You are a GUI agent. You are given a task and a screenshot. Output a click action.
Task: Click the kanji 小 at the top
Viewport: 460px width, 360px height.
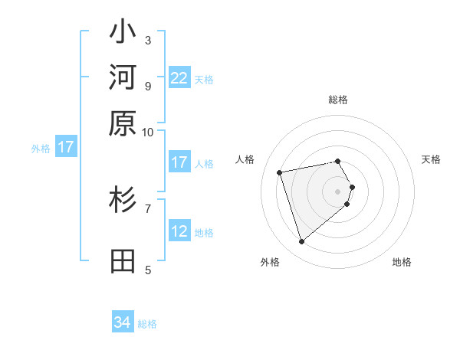(123, 34)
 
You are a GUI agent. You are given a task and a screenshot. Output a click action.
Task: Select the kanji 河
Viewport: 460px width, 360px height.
(123, 78)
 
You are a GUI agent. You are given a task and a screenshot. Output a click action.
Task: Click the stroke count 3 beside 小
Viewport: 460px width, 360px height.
(148, 40)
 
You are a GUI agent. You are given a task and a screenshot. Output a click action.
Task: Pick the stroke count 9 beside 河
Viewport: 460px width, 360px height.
(148, 85)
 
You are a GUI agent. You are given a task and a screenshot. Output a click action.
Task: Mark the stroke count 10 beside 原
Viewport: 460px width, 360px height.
(148, 132)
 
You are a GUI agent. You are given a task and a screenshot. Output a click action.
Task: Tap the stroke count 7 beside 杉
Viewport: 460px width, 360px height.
(148, 208)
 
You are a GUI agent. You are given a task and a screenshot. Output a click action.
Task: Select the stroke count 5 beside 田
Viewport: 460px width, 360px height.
(148, 269)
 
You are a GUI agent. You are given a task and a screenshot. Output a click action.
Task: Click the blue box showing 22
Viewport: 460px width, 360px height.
(179, 78)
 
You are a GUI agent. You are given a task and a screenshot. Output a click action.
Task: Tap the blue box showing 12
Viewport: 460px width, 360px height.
(179, 231)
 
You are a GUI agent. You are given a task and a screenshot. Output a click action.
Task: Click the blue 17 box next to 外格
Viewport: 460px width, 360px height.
(66, 148)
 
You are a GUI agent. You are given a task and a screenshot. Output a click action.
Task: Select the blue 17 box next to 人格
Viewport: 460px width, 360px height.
(179, 162)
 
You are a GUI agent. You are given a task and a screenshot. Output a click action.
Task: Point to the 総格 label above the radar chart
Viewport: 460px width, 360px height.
(338, 100)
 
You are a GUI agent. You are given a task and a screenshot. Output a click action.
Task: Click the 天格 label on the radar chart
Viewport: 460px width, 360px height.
(431, 159)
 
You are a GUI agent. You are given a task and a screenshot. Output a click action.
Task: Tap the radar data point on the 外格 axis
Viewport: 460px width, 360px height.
(302, 242)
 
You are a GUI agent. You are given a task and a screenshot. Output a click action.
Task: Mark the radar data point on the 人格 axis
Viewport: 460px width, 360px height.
(280, 172)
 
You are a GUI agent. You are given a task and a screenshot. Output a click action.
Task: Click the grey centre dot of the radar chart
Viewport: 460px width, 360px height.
(338, 191)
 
